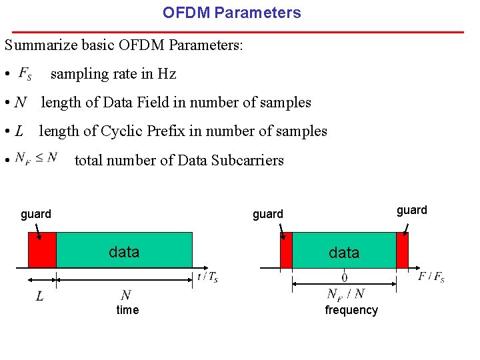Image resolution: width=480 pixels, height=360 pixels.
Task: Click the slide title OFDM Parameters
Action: tap(232, 13)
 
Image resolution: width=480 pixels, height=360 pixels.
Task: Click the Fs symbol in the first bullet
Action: tap(25, 73)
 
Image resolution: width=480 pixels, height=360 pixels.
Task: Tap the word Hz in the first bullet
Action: tap(167, 74)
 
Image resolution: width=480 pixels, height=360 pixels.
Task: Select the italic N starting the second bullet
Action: tap(21, 103)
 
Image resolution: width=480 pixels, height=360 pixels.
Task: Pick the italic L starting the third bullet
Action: tap(19, 131)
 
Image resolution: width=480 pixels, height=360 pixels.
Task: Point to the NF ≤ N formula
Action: tap(37, 158)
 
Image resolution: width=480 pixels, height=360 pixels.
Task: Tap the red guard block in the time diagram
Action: tap(42, 249)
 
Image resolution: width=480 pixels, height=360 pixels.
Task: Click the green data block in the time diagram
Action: tap(125, 250)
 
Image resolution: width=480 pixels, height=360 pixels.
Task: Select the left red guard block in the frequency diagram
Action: tap(286, 250)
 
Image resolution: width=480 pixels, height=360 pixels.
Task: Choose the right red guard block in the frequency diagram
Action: tap(402, 250)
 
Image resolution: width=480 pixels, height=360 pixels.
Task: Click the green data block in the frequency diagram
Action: tap(344, 251)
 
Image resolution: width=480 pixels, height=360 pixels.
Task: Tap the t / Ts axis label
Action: tap(207, 277)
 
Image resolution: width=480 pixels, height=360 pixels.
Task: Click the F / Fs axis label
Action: tap(431, 277)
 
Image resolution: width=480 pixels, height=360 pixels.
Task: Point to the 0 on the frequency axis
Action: tap(344, 277)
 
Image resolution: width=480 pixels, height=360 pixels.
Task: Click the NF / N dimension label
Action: tap(346, 294)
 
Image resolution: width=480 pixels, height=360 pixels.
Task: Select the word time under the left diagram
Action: tap(127, 310)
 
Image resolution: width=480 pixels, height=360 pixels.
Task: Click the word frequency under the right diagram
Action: tap(351, 310)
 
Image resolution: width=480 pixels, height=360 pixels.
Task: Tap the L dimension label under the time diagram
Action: tap(39, 296)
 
